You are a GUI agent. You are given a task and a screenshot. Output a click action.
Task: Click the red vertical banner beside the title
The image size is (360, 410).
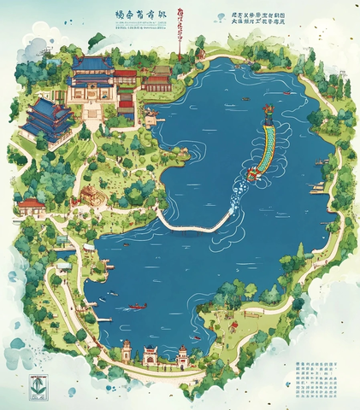(x=180, y=26)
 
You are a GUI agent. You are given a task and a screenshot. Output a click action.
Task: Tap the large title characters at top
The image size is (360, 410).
(x=140, y=15)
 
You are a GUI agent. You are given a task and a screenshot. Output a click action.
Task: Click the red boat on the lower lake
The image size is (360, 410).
(x=136, y=306)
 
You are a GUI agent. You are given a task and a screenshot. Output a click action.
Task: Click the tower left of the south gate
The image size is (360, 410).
(x=127, y=350)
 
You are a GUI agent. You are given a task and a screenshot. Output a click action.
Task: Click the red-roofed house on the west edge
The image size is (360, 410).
(x=32, y=207)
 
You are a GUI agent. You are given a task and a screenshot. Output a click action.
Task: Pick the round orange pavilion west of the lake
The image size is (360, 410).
(x=89, y=196)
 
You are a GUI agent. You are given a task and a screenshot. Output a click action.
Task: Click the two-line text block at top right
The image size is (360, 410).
(x=260, y=20)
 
